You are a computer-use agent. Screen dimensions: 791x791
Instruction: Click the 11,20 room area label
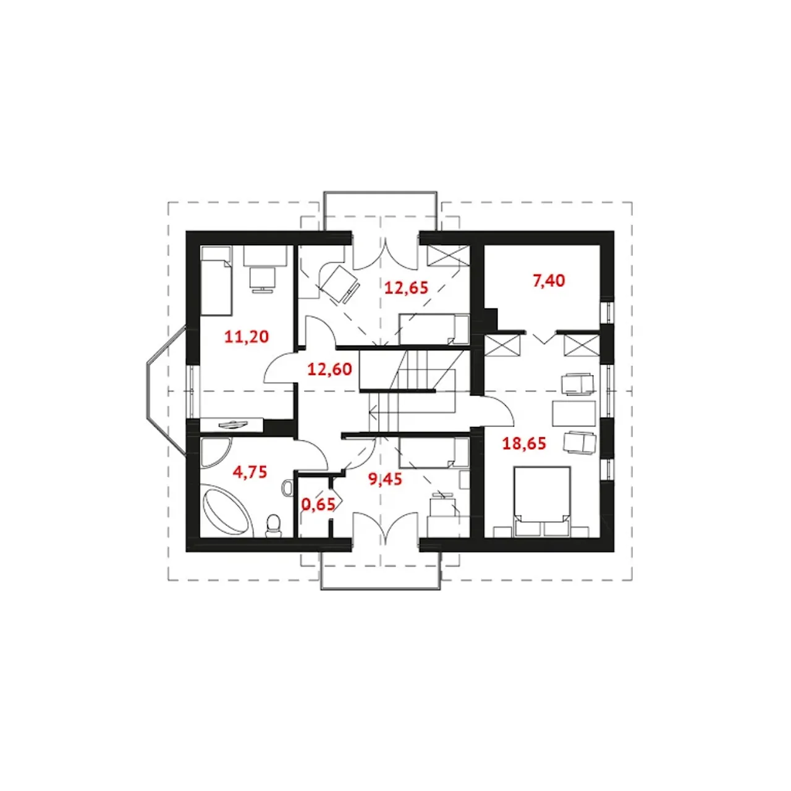click(247, 337)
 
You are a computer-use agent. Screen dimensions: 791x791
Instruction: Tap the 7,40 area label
click(548, 281)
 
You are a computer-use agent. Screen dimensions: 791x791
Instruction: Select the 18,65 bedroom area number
click(524, 444)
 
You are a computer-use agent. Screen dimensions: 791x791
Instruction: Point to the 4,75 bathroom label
click(250, 472)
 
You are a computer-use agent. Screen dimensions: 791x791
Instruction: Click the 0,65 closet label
click(318, 504)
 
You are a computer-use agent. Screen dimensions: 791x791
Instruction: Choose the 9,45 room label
click(385, 479)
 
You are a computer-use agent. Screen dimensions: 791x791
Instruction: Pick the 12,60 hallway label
click(329, 370)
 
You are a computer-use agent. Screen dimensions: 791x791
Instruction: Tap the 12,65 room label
click(406, 288)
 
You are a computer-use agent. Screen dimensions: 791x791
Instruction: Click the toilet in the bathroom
click(273, 527)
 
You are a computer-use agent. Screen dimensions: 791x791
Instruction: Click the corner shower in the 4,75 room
click(214, 453)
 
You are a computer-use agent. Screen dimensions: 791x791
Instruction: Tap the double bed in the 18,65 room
click(542, 502)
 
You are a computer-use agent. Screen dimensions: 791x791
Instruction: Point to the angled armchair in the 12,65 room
click(339, 284)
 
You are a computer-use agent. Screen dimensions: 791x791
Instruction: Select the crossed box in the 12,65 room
click(448, 255)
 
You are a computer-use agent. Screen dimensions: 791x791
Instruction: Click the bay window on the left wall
click(167, 391)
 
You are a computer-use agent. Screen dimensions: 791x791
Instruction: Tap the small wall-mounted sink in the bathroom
click(288, 488)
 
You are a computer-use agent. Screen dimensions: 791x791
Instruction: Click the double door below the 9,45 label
click(385, 526)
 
